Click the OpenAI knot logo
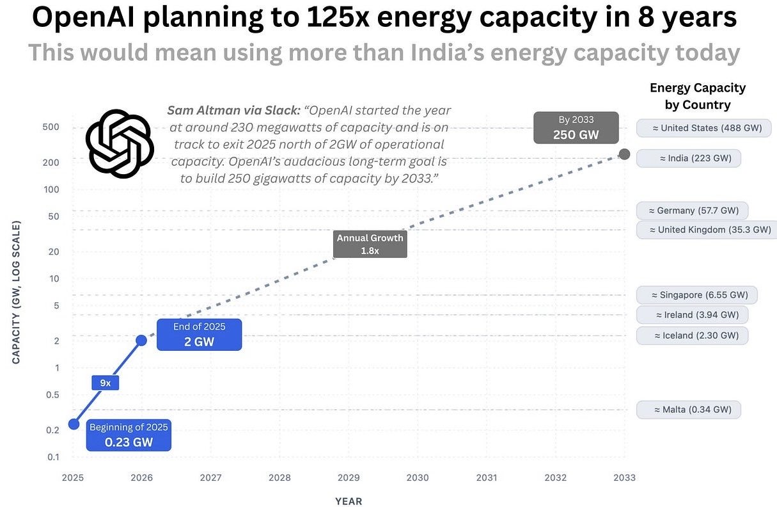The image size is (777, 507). (x=119, y=143)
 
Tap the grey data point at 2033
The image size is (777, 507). (x=625, y=154)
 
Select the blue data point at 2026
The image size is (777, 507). (x=141, y=341)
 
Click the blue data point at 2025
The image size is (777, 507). (x=74, y=424)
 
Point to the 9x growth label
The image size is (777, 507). (x=106, y=383)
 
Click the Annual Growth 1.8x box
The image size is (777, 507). (x=370, y=244)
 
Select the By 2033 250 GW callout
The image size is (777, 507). (x=576, y=128)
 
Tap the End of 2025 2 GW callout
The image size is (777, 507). (x=200, y=334)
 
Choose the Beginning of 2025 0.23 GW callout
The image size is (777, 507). (x=129, y=434)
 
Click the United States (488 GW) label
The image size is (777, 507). (x=703, y=128)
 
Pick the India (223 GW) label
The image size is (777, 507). (x=689, y=157)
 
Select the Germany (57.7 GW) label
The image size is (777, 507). (x=693, y=211)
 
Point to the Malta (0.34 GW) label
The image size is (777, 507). (x=689, y=410)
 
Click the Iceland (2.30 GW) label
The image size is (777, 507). (x=693, y=335)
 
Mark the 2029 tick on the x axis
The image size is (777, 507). (x=349, y=478)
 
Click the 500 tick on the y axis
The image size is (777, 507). (x=51, y=127)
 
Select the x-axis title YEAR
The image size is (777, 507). (x=349, y=501)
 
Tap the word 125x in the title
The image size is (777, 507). (x=340, y=18)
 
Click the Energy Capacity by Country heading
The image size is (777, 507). (x=698, y=96)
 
